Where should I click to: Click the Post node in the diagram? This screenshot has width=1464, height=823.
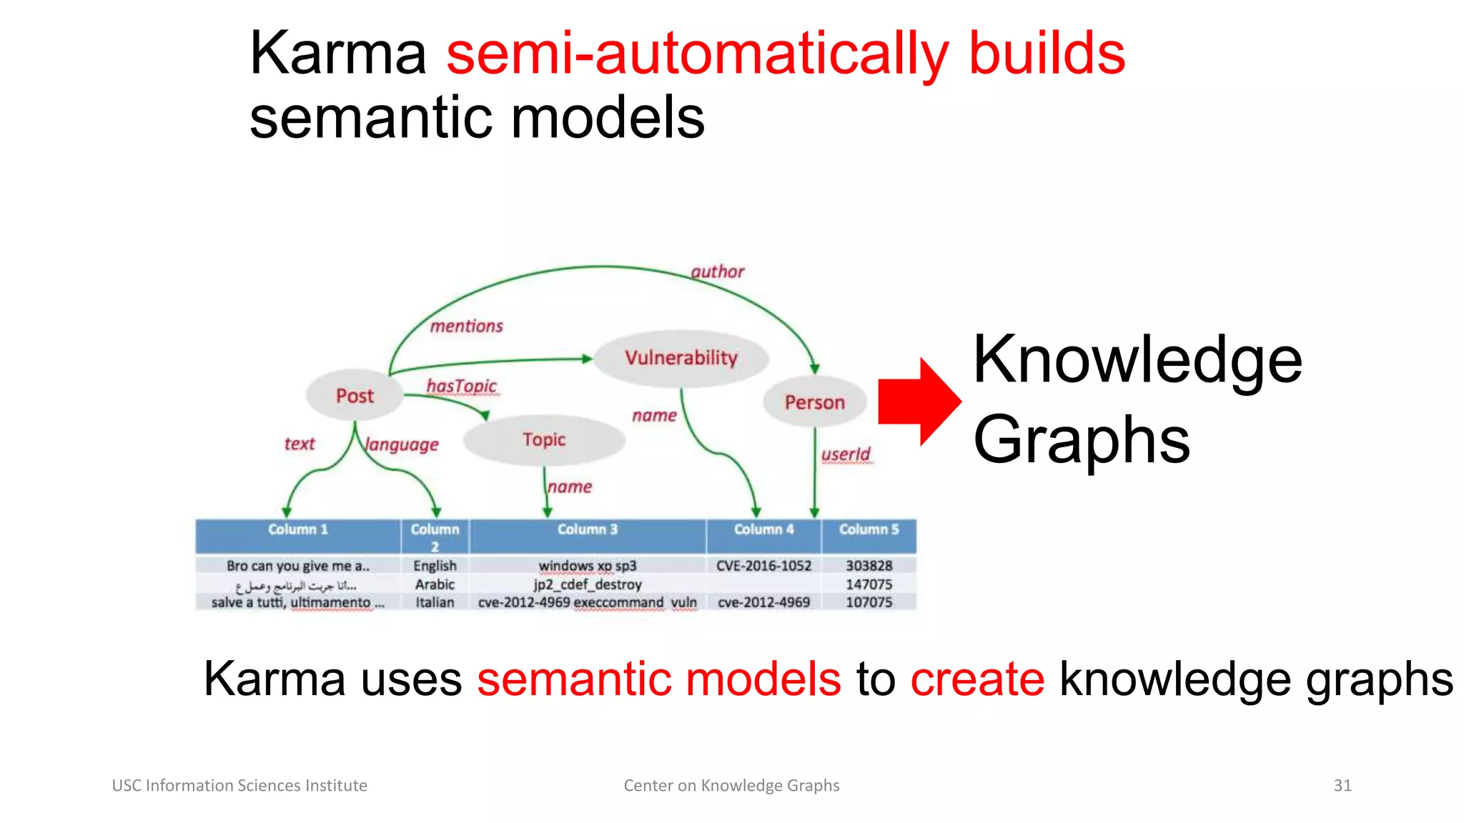[355, 395]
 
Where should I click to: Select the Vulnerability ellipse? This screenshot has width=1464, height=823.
[681, 357]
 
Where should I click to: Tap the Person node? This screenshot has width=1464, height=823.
[814, 402]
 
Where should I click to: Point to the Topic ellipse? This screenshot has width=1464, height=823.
[544, 439]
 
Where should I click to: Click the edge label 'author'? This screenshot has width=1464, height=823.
[717, 271]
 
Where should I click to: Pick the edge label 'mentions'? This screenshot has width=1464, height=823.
[466, 326]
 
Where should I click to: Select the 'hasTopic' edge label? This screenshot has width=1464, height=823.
[461, 386]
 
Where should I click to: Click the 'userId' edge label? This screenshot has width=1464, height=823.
[846, 454]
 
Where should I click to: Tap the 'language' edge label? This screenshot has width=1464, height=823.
[402, 444]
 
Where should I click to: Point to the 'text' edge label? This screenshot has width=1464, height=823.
[300, 444]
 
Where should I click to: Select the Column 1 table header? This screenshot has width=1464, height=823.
[297, 529]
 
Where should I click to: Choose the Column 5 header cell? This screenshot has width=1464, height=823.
[869, 529]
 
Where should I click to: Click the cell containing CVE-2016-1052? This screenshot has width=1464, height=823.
[763, 566]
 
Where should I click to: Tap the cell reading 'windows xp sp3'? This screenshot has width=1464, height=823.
[587, 566]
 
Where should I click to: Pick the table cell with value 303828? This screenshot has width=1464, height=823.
[869, 566]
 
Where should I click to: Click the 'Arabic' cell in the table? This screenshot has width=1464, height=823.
[435, 584]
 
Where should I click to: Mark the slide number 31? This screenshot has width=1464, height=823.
[1342, 785]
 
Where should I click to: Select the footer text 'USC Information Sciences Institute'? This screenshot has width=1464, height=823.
[239, 785]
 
